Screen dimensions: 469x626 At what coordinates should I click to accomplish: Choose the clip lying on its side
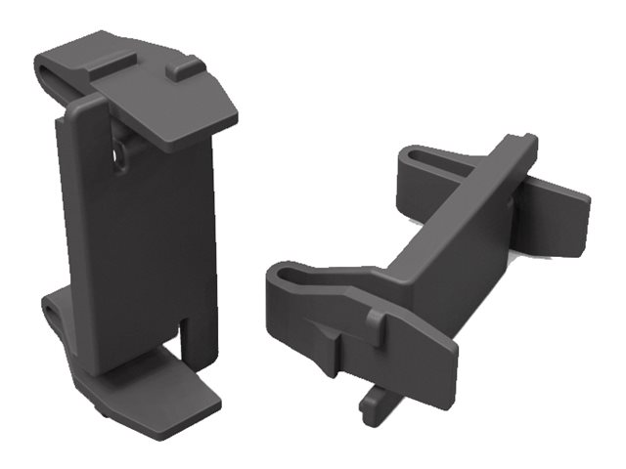[430, 274]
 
